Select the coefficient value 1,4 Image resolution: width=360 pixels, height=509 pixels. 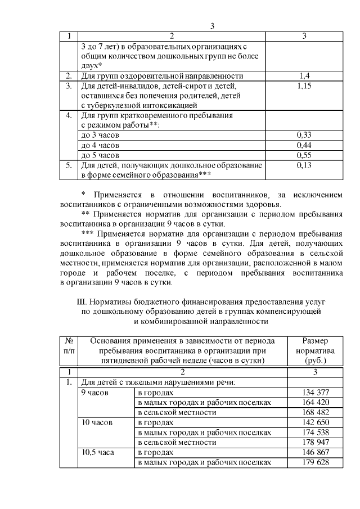[304, 75]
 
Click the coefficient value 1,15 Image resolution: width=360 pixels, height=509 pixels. [304, 85]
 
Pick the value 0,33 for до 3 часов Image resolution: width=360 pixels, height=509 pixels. [304, 135]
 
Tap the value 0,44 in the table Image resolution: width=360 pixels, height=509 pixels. [304, 145]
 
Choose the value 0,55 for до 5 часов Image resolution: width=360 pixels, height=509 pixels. [304, 155]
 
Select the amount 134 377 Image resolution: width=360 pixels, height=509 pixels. [315, 392]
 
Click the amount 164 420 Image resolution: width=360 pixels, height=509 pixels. [315, 402]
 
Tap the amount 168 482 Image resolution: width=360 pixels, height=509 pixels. [315, 412]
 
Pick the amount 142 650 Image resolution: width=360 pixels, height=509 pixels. [315, 422]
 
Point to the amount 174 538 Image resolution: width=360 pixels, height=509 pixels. [315, 433]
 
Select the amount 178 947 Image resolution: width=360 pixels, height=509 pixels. [315, 443]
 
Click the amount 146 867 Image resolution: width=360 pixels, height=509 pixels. [315, 453]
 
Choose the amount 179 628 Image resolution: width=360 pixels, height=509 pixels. [315, 463]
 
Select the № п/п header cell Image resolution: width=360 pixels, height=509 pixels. [69, 346]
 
